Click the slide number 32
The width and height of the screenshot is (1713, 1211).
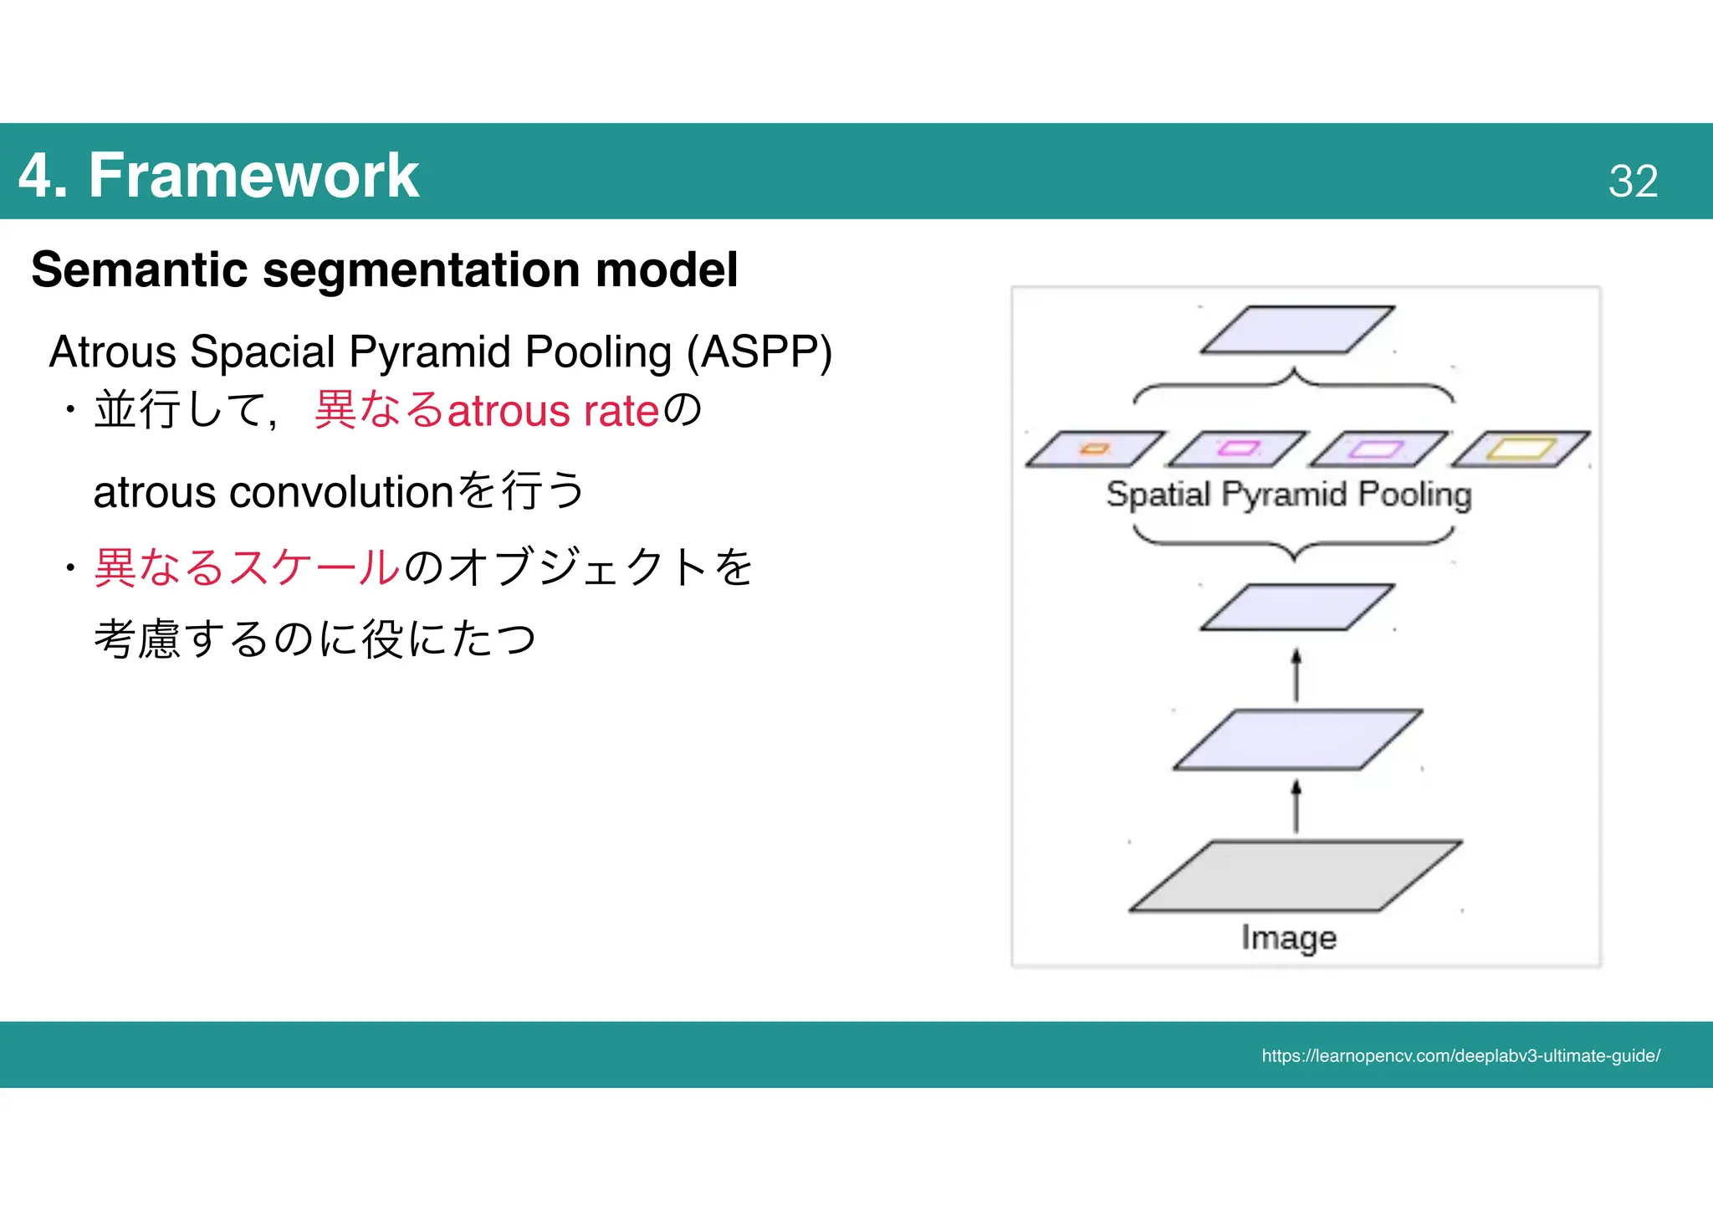pyautogui.click(x=1632, y=181)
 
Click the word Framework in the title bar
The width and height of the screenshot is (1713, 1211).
pyautogui.click(x=253, y=176)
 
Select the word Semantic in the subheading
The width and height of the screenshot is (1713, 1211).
pyautogui.click(x=140, y=269)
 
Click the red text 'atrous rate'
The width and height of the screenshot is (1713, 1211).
pyautogui.click(x=554, y=411)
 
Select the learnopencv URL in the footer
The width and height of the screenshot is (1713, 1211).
pyautogui.click(x=1460, y=1056)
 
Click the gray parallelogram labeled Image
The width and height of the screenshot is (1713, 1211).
pyautogui.click(x=1295, y=876)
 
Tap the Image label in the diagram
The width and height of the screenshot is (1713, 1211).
pyautogui.click(x=1289, y=937)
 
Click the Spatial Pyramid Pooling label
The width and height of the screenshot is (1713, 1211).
pyautogui.click(x=1289, y=495)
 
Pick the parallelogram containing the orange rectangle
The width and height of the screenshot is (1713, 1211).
pyautogui.click(x=1095, y=449)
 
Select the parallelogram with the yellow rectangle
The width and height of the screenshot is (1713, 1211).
pyautogui.click(x=1521, y=449)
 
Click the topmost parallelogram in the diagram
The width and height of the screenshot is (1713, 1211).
pyautogui.click(x=1296, y=330)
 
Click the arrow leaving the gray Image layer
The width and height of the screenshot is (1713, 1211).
pyautogui.click(x=1296, y=807)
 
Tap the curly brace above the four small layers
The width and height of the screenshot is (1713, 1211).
pyautogui.click(x=1294, y=385)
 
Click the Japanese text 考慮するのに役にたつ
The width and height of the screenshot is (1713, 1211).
pyautogui.click(x=314, y=639)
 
